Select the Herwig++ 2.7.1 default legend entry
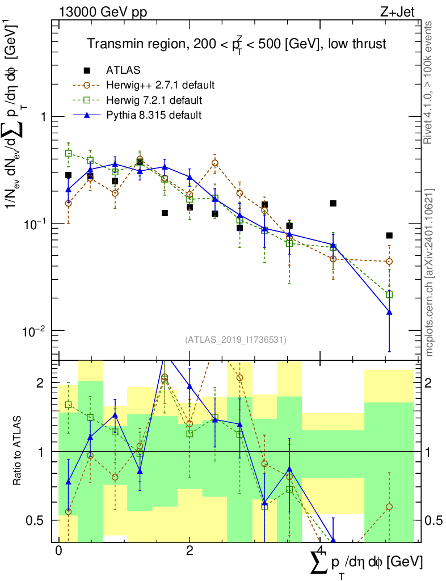pyautogui.click(x=159, y=86)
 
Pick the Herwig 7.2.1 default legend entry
pyautogui.click(x=154, y=100)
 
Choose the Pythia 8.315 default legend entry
pyautogui.click(x=153, y=115)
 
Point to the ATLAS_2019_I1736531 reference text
pyautogui.click(x=235, y=340)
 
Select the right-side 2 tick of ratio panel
pyautogui.click(x=429, y=383)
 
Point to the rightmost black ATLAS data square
pyautogui.click(x=389, y=235)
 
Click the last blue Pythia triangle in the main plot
pyautogui.click(x=389, y=312)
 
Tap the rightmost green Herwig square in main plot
pyautogui.click(x=389, y=294)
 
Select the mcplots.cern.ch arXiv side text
pyautogui.click(x=429, y=272)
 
